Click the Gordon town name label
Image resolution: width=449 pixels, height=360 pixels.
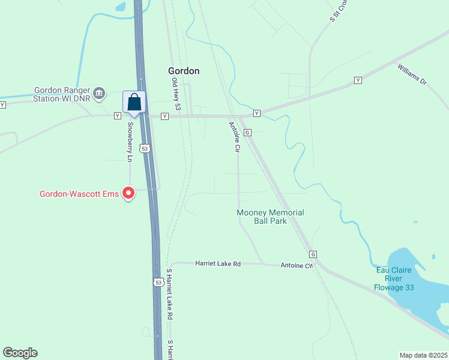coord(184,71)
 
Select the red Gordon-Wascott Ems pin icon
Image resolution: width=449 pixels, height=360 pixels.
coord(128,193)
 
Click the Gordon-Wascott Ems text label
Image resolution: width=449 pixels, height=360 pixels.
coord(79,194)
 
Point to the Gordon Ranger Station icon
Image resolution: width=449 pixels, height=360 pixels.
coord(100,93)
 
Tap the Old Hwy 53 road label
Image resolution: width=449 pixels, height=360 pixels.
coord(176,94)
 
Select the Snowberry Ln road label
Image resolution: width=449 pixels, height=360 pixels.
coord(129,142)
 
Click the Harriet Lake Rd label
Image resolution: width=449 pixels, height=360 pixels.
coord(218,263)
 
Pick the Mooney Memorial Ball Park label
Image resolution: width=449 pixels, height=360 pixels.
coord(270,217)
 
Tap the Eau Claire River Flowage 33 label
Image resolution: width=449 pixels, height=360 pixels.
coord(394,278)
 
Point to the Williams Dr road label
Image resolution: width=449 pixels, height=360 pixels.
coord(411,73)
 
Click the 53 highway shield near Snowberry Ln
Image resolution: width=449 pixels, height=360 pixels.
coord(143,148)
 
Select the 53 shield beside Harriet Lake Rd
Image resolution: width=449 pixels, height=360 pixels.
coord(157,281)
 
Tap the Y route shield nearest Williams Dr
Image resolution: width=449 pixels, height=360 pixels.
coord(358,80)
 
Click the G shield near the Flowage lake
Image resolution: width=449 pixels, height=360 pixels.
coord(313,254)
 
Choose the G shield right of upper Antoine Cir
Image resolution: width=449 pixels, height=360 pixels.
coord(247,132)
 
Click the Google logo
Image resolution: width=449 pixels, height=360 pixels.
coord(20,353)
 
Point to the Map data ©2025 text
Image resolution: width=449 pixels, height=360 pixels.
coord(423,355)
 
